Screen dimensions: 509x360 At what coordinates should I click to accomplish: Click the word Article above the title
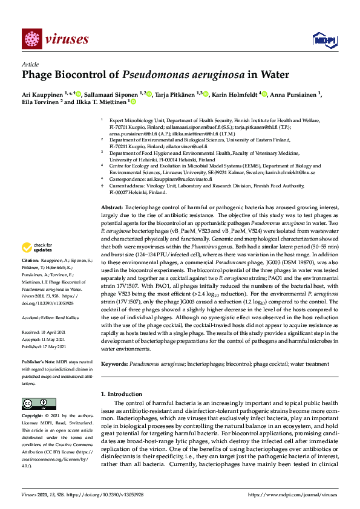click(x=30, y=65)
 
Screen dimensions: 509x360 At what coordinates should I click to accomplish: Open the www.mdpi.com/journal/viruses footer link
click(x=303, y=494)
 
